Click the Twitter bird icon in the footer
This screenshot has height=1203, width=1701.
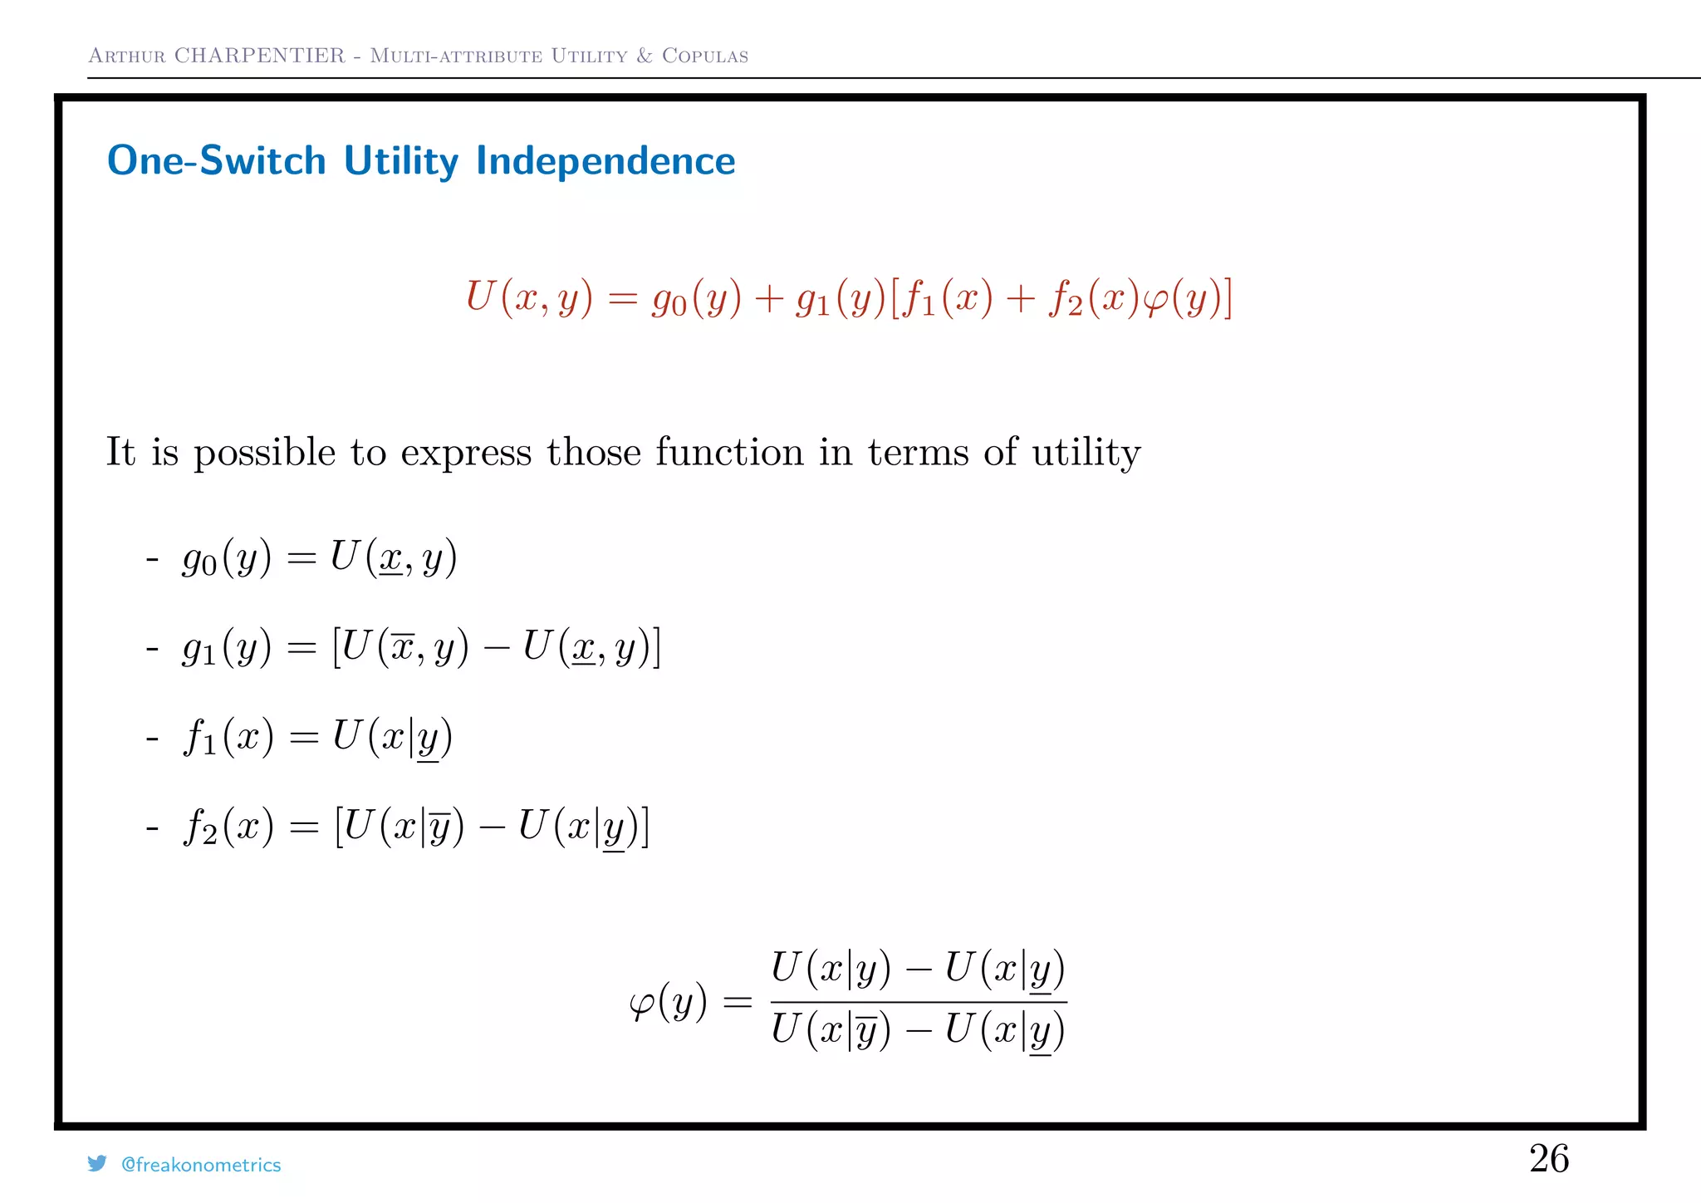point(97,1163)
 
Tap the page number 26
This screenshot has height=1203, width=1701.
point(1548,1158)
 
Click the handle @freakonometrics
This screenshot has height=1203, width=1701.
point(201,1165)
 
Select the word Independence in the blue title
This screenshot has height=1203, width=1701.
point(605,160)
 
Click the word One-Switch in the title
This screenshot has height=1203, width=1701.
point(217,160)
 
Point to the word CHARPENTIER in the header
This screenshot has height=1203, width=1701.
point(259,56)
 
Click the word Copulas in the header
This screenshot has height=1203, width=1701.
point(705,56)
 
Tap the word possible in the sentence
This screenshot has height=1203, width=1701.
point(264,454)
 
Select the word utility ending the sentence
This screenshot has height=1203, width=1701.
point(1086,454)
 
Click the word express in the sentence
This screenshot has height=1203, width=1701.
point(466,454)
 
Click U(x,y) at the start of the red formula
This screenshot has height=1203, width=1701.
point(529,297)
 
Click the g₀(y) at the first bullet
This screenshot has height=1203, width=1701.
point(227,558)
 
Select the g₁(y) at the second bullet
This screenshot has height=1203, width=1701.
point(227,649)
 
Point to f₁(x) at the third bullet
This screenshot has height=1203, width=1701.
point(228,738)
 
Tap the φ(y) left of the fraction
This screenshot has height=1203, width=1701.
point(668,1002)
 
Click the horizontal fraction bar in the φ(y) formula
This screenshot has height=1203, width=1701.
point(918,1002)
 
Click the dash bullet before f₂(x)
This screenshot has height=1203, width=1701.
point(152,827)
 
